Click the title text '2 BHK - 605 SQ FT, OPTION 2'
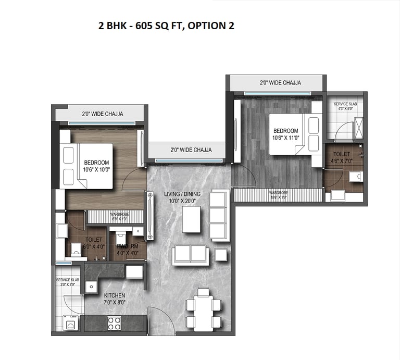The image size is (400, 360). click(x=167, y=26)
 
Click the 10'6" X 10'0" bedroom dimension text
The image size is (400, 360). click(x=96, y=169)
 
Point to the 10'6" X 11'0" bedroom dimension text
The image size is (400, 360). click(x=285, y=138)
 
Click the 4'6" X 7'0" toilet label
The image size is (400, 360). click(x=342, y=161)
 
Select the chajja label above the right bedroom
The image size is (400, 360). click(x=280, y=83)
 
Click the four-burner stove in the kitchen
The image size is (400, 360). click(x=115, y=322)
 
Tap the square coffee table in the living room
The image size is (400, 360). click(x=191, y=219)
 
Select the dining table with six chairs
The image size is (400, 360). click(x=199, y=309)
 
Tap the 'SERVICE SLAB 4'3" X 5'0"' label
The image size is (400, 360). click(x=345, y=107)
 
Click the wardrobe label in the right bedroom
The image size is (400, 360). click(x=279, y=195)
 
